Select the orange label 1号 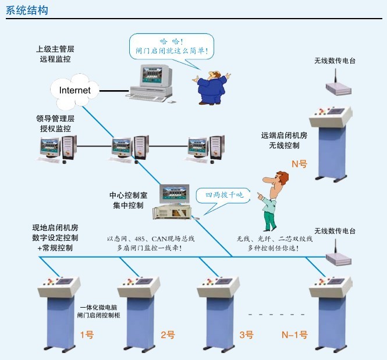coord(86,334)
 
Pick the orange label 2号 coord(168,334)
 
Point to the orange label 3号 coord(246,334)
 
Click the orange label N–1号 coord(294,334)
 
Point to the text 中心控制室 coord(128,195)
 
